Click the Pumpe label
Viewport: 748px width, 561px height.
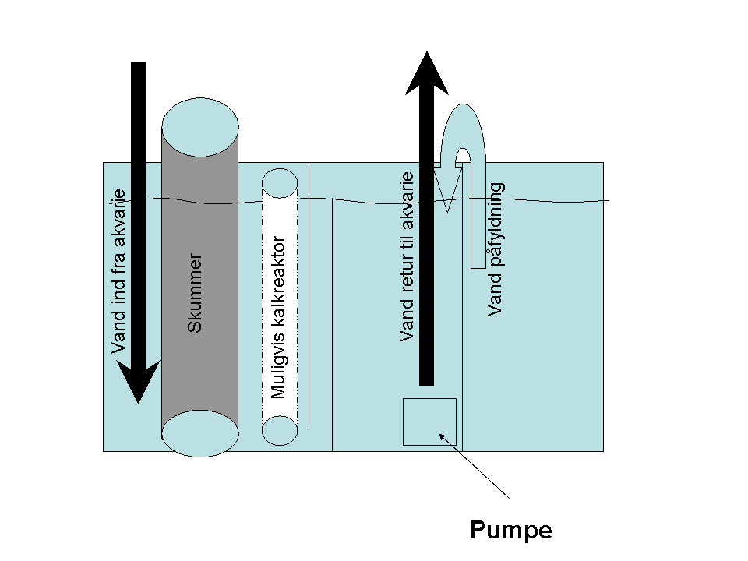tap(510, 531)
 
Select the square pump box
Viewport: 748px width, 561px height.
tap(429, 422)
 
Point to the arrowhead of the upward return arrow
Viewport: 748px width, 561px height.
tap(427, 74)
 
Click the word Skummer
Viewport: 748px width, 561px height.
tap(195, 292)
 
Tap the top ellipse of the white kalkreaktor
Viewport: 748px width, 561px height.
tap(280, 183)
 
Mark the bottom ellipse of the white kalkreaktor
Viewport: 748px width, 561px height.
tap(280, 430)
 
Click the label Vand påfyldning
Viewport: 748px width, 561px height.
tap(496, 249)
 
